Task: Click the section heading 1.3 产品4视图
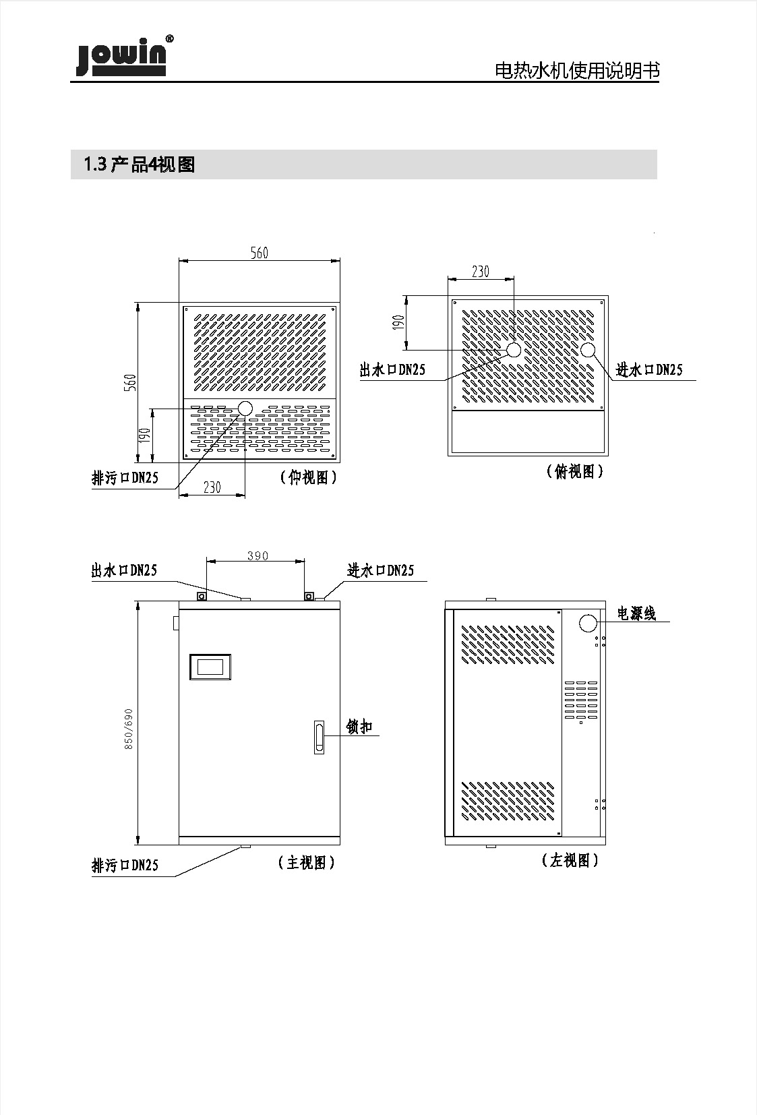tap(139, 164)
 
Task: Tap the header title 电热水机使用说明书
tap(577, 71)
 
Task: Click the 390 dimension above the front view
tap(257, 556)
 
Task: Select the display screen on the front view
tap(210, 667)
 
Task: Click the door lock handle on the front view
tap(319, 736)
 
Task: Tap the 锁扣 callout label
tap(359, 727)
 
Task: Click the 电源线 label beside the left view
tap(636, 613)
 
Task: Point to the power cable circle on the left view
tap(588, 623)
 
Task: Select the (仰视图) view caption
tap(308, 478)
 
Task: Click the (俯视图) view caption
tap(574, 472)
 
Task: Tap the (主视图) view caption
tap(306, 862)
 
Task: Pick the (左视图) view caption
tap(570, 860)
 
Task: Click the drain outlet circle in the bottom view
tap(245, 408)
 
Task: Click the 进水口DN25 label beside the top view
tap(649, 369)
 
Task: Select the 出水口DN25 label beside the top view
tap(392, 369)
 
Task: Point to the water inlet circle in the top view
tap(588, 350)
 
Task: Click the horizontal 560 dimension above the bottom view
tap(260, 253)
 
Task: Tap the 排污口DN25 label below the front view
tap(125, 865)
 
